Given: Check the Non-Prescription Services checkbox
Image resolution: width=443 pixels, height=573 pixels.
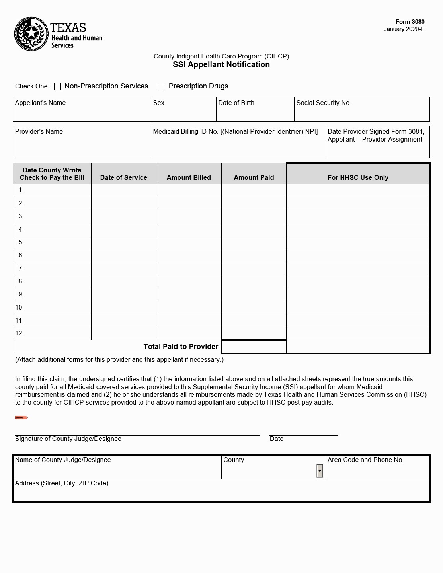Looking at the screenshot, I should [x=58, y=86].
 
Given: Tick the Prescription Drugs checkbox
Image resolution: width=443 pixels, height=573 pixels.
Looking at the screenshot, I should [x=162, y=86].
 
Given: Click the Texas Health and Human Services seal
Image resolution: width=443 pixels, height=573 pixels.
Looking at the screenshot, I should [x=31, y=34].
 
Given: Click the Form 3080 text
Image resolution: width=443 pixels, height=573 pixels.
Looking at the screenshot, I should [x=410, y=22].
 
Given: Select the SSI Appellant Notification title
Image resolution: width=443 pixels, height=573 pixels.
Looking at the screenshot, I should [x=221, y=65].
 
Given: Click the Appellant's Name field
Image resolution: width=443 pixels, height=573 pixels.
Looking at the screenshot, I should [x=82, y=113].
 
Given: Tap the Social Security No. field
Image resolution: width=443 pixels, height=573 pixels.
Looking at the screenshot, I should [x=362, y=113].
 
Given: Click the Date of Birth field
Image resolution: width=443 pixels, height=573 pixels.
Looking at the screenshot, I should [x=255, y=113].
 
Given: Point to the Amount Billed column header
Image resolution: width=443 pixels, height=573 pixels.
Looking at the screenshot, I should [x=189, y=177].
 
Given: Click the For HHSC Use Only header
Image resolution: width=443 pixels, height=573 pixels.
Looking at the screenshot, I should [x=358, y=177].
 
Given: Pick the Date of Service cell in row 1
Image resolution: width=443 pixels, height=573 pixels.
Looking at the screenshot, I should [x=124, y=190].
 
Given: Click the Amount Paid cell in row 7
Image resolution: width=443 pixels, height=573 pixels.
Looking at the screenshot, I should [x=254, y=269].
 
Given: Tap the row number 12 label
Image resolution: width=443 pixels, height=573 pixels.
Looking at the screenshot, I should [x=20, y=333].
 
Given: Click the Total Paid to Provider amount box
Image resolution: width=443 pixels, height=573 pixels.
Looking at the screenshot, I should [x=254, y=347].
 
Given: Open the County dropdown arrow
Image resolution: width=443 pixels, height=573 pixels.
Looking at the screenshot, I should [x=320, y=471].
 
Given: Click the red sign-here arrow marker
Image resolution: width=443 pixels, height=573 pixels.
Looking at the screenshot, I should [x=21, y=417].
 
